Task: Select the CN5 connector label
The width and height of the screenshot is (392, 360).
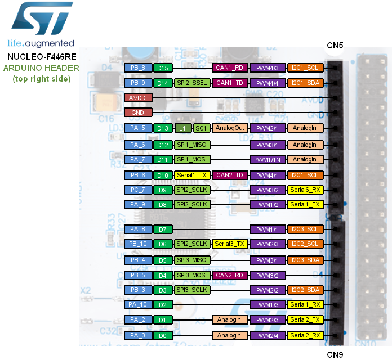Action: point(335,45)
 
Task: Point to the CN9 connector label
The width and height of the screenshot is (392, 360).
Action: point(335,354)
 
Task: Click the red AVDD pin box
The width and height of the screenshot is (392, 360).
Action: point(137,98)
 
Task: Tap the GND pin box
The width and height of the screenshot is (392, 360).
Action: point(137,112)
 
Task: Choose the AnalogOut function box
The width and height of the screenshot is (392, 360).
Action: point(230,128)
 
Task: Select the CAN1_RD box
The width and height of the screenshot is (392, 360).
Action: point(230,68)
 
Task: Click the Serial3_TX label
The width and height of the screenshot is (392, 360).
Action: point(230,244)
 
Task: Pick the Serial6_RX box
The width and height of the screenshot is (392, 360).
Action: point(305,190)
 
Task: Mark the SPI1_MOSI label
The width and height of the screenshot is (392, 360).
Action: point(192,160)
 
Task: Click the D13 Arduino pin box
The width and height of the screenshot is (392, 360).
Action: point(163,128)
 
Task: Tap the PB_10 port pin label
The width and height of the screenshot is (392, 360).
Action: point(137,244)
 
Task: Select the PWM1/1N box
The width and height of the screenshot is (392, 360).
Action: point(268,160)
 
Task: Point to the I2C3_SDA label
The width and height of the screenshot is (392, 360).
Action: point(305,260)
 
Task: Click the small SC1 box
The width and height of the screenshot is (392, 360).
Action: point(201,128)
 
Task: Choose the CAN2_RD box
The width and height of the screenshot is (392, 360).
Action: point(230,276)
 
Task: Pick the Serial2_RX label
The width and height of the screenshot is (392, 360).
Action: point(305,336)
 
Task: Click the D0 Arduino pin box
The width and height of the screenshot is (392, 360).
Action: point(163,336)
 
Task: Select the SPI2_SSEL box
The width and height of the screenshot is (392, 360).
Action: point(192,83)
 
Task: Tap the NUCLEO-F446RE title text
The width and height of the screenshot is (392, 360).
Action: point(42,57)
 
